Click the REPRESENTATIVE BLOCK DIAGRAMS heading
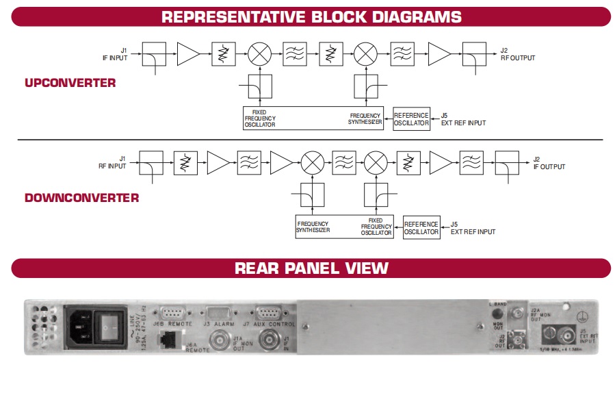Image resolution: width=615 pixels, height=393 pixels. click(311, 16)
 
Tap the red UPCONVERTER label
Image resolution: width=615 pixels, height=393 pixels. click(70, 84)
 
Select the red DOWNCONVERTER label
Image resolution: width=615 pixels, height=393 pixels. click(82, 198)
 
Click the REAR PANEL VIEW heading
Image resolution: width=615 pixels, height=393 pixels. click(311, 268)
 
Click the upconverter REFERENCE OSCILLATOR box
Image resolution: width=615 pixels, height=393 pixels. click(412, 119)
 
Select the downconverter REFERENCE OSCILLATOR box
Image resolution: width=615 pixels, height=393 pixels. click(421, 228)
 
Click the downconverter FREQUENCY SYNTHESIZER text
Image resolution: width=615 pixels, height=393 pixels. click(313, 227)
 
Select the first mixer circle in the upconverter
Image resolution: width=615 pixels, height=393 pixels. click(259, 54)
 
